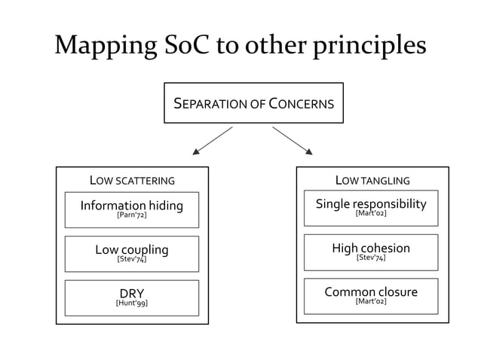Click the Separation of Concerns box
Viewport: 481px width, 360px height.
click(253, 103)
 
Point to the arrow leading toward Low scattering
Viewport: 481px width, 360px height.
click(213, 140)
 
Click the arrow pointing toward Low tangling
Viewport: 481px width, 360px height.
click(292, 140)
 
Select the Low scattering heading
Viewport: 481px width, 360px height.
click(132, 181)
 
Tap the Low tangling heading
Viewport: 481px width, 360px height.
click(372, 181)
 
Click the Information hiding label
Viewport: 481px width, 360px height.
click(132, 205)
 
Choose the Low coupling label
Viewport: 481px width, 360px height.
click(132, 249)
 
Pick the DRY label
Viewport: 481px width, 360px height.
click(132, 293)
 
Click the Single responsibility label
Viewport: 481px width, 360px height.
click(371, 203)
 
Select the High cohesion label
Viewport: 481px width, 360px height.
click(371, 248)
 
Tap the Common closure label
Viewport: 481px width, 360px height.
click(371, 291)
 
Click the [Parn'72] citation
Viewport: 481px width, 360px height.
click(132, 215)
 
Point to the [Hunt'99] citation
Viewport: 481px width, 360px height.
click(132, 304)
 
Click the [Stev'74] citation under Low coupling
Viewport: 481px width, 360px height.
click(132, 259)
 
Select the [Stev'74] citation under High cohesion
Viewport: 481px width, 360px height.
click(371, 258)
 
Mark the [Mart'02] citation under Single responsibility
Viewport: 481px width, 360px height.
click(371, 213)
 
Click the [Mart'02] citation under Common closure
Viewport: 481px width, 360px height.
click(371, 301)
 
